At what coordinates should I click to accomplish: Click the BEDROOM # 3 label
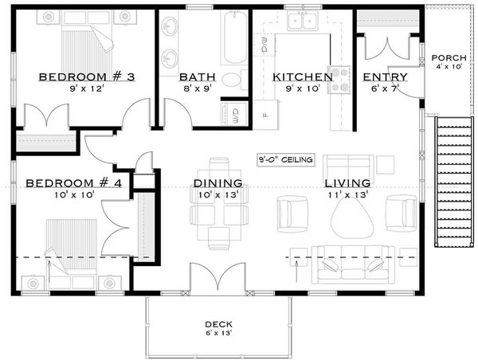point(75,76)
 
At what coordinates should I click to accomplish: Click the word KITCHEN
point(302,77)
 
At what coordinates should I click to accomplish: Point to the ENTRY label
point(385,77)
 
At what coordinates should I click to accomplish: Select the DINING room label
point(217,183)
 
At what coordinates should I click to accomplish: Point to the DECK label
point(217,324)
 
